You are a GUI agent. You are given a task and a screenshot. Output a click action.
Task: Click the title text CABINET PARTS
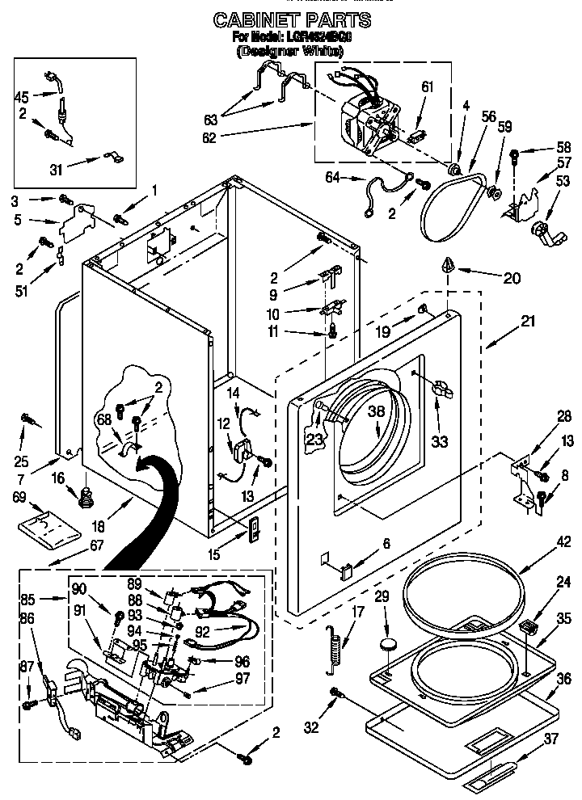point(291,18)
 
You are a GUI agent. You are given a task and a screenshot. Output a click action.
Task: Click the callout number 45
point(22,96)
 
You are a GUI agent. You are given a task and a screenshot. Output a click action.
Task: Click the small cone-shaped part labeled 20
point(445,264)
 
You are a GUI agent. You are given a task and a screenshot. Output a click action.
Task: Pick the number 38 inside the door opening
point(376,410)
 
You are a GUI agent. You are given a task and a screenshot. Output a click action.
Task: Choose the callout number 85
point(27,600)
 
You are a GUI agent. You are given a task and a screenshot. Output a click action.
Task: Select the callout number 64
point(332,179)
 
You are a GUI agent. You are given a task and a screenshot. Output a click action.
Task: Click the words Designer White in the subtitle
point(290,51)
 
